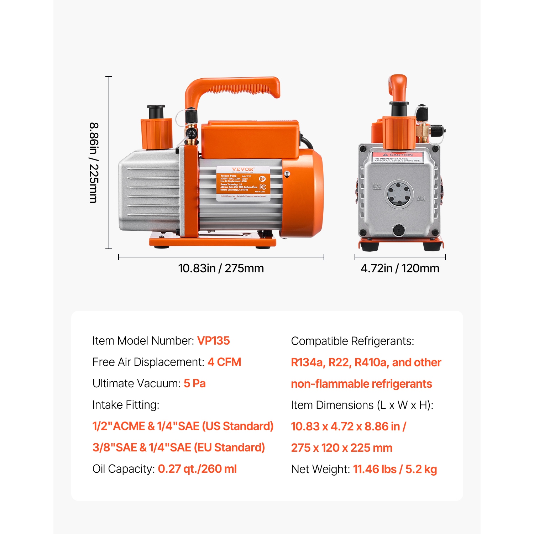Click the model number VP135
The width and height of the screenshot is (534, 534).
tap(213, 341)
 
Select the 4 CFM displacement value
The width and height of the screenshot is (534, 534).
tap(224, 362)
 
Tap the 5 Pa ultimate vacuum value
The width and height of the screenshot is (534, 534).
tap(194, 383)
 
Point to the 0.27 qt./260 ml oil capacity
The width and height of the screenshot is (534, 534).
tap(197, 469)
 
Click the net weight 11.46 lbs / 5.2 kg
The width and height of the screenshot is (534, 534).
tap(395, 469)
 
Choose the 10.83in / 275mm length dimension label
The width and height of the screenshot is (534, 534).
tap(221, 268)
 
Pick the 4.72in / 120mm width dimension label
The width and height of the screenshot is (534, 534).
tap(400, 268)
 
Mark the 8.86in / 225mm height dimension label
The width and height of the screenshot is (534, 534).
tap(94, 163)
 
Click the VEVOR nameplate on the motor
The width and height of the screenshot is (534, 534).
tap(244, 183)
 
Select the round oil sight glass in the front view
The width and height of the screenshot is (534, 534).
tap(398, 194)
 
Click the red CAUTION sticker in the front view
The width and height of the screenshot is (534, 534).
tap(398, 157)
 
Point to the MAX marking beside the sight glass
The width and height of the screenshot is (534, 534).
tap(377, 186)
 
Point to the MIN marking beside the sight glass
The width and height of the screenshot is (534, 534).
tap(421, 198)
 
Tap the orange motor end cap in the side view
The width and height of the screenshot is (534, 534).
tap(307, 192)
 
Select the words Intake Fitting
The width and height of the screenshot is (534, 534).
tap(126, 405)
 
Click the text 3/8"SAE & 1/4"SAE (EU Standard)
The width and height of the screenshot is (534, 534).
tap(179, 447)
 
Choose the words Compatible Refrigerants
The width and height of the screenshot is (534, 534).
tap(352, 341)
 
